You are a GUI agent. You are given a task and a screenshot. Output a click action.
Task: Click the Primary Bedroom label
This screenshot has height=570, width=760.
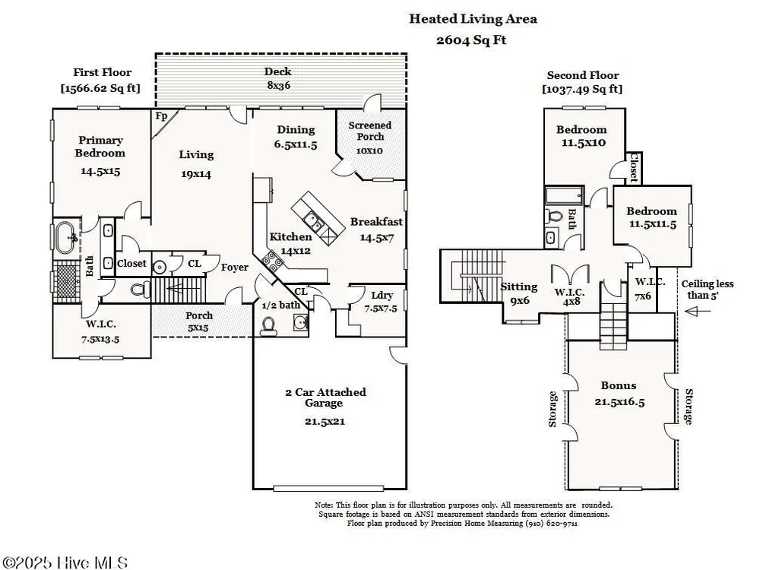(x=100, y=147)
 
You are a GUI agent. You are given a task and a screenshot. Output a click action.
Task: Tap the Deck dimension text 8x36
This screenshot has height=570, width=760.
(x=278, y=85)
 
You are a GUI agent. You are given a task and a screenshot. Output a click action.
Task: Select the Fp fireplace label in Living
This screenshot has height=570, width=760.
(x=161, y=116)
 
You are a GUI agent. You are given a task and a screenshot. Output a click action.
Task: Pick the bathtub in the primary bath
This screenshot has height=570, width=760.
(x=66, y=237)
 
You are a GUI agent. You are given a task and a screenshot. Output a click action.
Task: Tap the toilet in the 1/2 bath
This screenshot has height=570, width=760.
(x=268, y=327)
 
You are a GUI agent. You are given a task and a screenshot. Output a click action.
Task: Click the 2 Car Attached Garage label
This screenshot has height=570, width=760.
(x=325, y=397)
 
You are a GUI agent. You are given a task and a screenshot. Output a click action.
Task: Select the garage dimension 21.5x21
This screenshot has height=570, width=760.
(x=325, y=421)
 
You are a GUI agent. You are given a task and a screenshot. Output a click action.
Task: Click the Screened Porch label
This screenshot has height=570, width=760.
(x=370, y=131)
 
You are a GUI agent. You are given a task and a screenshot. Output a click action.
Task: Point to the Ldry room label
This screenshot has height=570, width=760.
(x=382, y=295)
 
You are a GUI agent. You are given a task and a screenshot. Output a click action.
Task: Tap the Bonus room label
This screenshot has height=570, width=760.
(x=619, y=385)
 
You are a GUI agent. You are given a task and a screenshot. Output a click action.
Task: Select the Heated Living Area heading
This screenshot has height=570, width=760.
(x=473, y=19)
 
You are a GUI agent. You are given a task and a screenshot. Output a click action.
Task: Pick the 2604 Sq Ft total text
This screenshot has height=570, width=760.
(x=471, y=40)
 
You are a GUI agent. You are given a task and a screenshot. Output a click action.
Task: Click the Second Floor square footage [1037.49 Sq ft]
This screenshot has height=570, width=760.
(x=582, y=89)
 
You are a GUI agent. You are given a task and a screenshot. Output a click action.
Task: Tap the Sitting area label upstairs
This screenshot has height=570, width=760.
(x=518, y=287)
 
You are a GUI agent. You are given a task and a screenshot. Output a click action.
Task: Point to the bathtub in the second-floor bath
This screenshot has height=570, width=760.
(x=564, y=196)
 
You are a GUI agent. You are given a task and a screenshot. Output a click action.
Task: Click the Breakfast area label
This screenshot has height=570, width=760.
(x=377, y=221)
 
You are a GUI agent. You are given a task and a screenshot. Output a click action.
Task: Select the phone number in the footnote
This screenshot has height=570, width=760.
(x=552, y=524)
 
